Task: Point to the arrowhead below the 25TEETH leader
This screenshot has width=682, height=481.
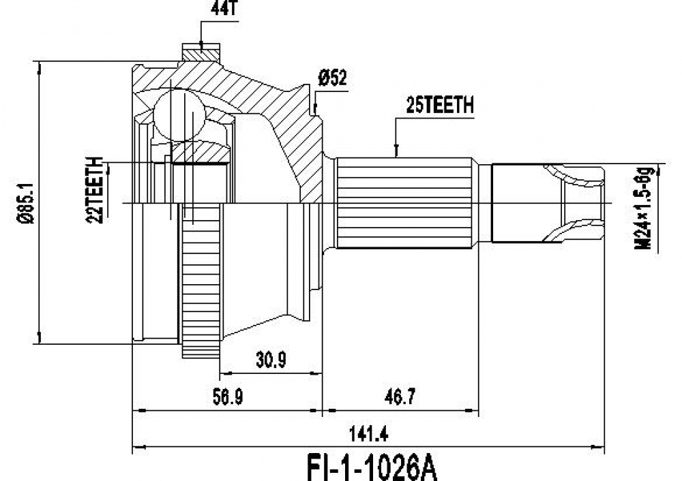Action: click(396, 152)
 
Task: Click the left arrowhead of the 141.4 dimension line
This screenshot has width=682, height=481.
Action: click(136, 448)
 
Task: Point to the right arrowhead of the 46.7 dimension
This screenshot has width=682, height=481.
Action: click(475, 411)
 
